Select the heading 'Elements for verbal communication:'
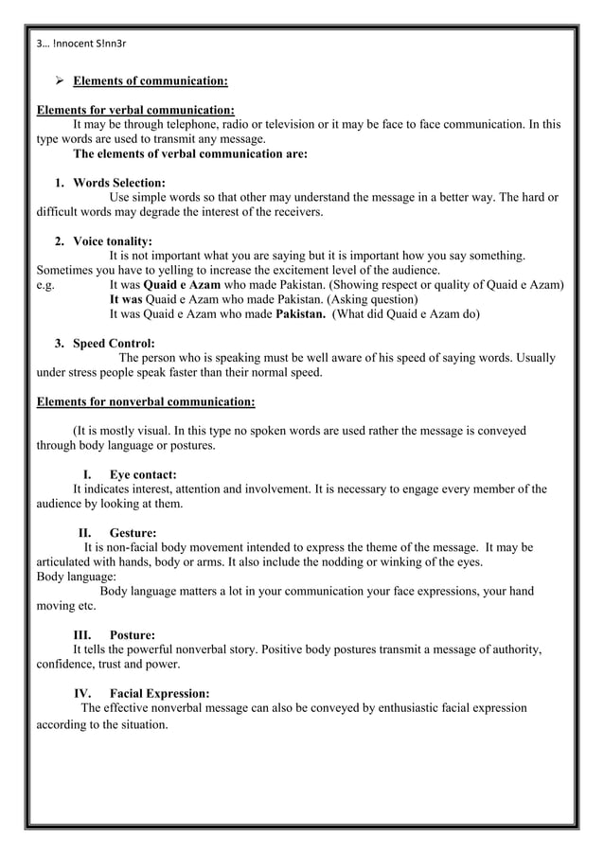click(135, 110)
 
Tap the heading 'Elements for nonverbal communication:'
click(145, 401)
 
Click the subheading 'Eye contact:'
click(143, 474)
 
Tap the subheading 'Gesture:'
click(133, 533)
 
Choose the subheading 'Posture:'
click(133, 634)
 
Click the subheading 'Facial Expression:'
click(159, 693)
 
